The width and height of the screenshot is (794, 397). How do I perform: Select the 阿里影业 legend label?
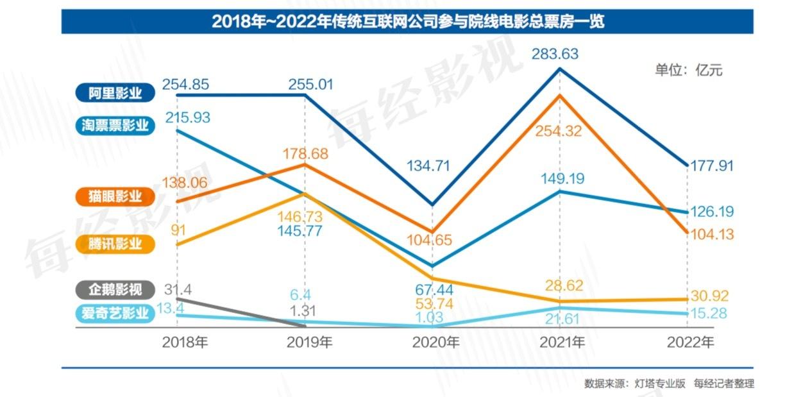116,94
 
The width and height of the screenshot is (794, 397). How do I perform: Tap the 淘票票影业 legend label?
116,125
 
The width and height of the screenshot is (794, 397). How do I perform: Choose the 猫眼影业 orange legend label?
116,196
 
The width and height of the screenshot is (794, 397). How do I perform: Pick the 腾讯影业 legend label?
116,244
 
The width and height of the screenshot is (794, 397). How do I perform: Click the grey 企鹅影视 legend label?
116,289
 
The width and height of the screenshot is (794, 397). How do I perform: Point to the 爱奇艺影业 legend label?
116,314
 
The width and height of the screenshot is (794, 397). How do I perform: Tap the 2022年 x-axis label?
690,342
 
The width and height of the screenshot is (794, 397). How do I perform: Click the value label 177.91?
711,166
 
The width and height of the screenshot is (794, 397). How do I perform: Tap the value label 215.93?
187,117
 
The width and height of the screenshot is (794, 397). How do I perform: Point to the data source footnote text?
669,384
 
